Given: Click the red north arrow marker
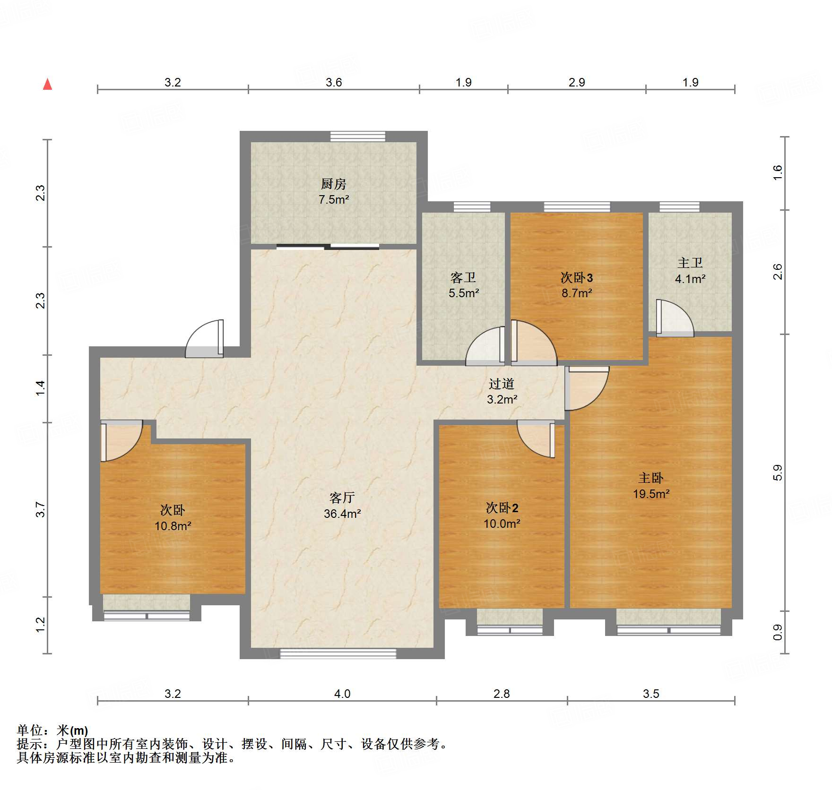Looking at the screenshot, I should [x=47, y=85].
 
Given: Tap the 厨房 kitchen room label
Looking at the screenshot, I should [x=334, y=184].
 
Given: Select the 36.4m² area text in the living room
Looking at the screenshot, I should [x=342, y=514].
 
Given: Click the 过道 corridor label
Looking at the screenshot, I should [x=502, y=384].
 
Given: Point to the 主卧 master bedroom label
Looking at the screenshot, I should [x=651, y=478].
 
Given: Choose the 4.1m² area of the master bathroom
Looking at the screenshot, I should [x=690, y=279].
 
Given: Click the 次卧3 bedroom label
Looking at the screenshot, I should [x=577, y=277].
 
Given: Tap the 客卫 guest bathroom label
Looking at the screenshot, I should [x=463, y=277].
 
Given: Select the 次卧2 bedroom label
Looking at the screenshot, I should [x=502, y=508].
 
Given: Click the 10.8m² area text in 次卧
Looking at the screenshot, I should [x=173, y=526].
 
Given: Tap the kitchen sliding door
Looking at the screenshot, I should [x=328, y=246].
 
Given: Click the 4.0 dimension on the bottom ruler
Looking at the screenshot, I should [x=342, y=694].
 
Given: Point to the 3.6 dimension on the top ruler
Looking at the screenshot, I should [x=334, y=82].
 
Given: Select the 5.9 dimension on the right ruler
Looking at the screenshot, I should [x=778, y=472].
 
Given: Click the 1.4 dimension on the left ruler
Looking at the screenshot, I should [x=41, y=388].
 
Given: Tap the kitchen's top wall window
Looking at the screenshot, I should [x=358, y=137].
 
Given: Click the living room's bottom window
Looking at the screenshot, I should [x=338, y=653].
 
